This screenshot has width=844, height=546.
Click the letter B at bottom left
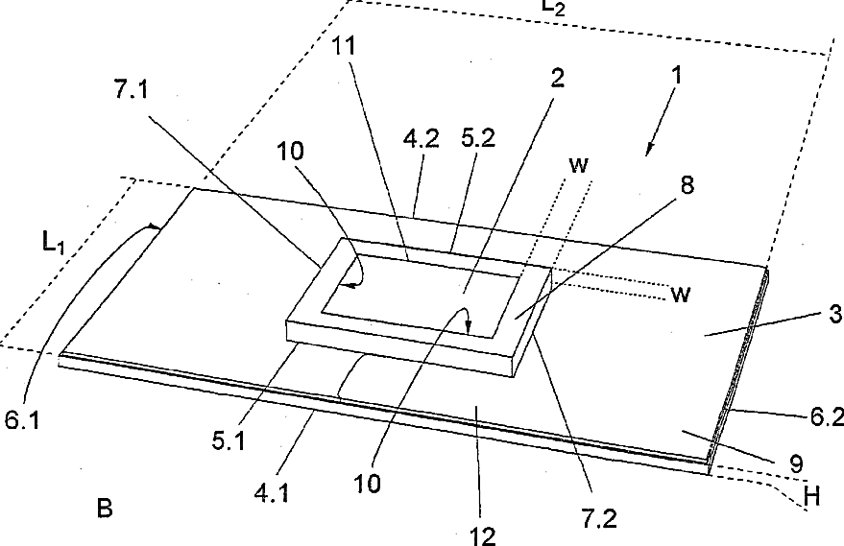point(104,508)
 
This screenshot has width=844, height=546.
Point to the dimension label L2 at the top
point(553,7)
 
